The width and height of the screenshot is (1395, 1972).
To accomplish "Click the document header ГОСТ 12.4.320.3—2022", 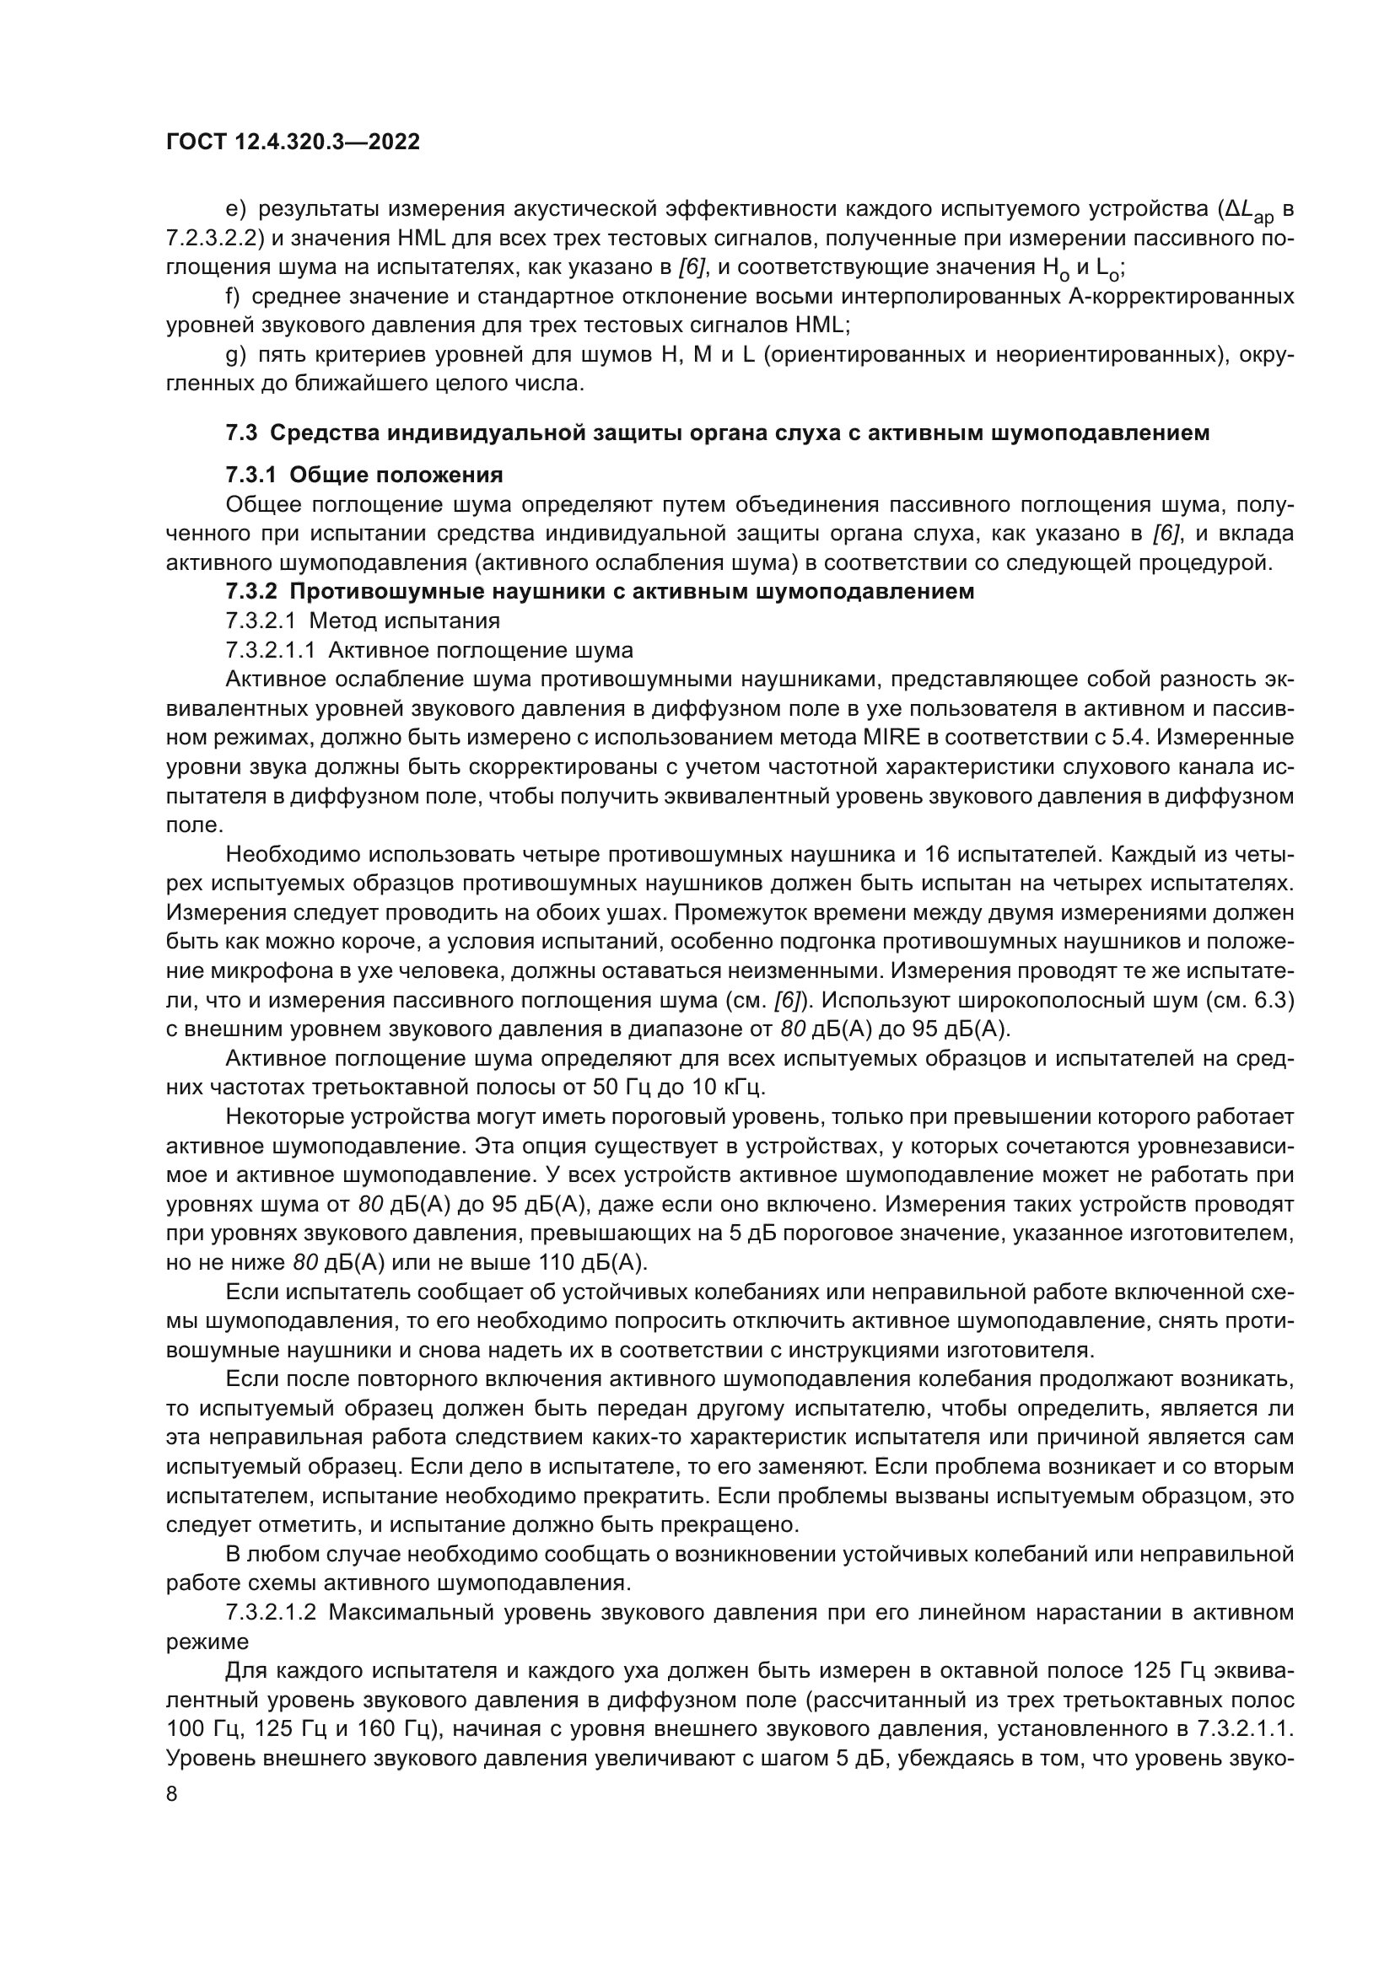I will pos(293,142).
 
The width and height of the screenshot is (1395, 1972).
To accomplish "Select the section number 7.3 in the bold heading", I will pos(241,433).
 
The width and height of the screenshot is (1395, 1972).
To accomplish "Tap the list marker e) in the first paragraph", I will pos(235,209).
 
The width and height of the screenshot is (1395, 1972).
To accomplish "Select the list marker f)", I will pos(232,296).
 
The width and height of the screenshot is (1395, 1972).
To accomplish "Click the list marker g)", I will pos(235,355).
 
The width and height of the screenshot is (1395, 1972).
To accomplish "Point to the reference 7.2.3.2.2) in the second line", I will pos(216,238).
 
